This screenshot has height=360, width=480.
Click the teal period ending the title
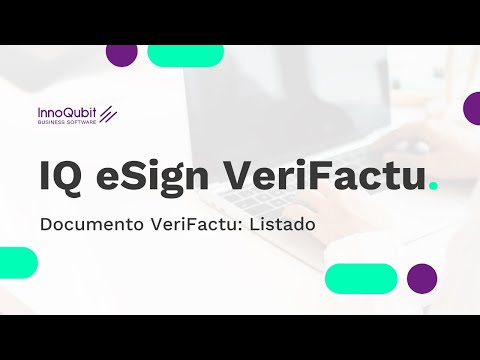click(431, 186)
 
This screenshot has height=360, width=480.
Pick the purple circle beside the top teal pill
click(122, 55)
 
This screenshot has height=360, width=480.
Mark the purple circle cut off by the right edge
click(473, 109)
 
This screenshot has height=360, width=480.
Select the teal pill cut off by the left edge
click(17, 262)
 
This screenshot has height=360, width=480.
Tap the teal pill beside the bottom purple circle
click(361, 278)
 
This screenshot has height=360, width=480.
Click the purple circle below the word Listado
click(422, 278)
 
